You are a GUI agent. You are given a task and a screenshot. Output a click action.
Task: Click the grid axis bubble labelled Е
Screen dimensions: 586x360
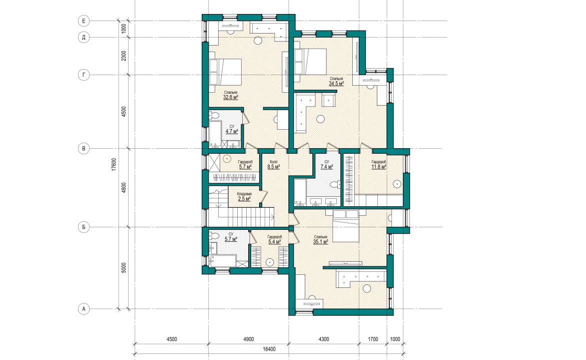84,21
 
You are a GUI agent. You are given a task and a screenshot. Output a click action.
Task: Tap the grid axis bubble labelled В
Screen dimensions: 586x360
84,148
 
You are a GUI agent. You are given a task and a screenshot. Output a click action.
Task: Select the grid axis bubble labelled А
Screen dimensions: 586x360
84,309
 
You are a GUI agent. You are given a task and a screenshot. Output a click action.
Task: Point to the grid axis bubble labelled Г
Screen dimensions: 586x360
84,75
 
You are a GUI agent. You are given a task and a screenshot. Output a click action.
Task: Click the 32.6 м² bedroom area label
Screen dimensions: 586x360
231,97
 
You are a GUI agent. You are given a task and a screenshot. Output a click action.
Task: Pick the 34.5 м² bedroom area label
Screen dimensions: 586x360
336,84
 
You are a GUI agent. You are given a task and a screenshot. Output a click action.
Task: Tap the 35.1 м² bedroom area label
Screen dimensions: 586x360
321,242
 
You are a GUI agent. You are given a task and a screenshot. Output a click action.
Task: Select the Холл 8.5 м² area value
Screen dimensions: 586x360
274,167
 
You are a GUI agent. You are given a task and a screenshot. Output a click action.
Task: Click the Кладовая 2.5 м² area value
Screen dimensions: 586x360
244,199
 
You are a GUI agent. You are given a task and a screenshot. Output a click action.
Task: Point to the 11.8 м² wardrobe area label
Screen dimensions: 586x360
379,167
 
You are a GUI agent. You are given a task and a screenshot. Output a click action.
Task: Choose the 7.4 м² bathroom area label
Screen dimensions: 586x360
327,167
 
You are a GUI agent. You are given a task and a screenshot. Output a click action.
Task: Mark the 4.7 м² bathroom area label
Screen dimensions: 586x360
232,132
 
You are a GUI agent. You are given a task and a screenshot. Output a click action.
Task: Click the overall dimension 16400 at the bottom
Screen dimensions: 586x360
269,349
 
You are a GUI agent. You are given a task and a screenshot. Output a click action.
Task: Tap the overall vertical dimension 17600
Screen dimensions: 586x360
114,165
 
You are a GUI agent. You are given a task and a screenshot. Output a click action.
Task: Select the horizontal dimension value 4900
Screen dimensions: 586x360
249,339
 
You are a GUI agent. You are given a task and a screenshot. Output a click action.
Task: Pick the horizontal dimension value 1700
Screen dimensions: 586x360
373,339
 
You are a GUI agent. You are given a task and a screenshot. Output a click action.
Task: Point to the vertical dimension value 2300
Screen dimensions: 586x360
124,56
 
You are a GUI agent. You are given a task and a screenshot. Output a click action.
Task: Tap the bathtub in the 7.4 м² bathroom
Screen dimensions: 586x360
300,193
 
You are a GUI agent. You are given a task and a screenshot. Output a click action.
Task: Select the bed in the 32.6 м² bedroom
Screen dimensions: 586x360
225,72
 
